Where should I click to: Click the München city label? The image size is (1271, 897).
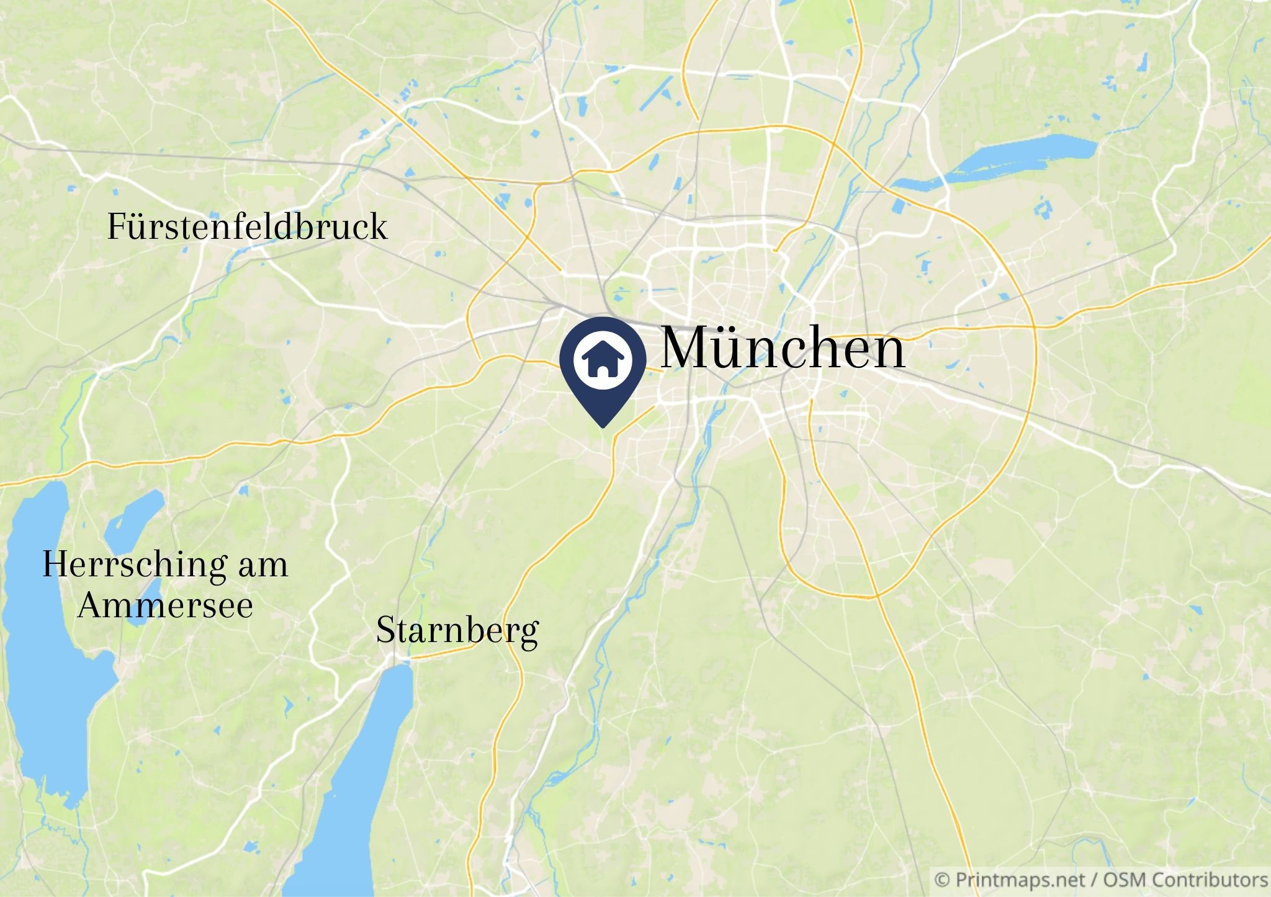(x=782, y=349)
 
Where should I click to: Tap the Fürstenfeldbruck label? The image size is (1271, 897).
(x=247, y=227)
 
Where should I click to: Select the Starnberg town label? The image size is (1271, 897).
(x=457, y=631)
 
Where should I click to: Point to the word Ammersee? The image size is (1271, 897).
(x=165, y=606)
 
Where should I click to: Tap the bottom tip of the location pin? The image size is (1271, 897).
(x=603, y=426)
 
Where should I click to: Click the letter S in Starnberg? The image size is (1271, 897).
(x=385, y=631)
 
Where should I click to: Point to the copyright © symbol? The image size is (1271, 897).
(x=942, y=880)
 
